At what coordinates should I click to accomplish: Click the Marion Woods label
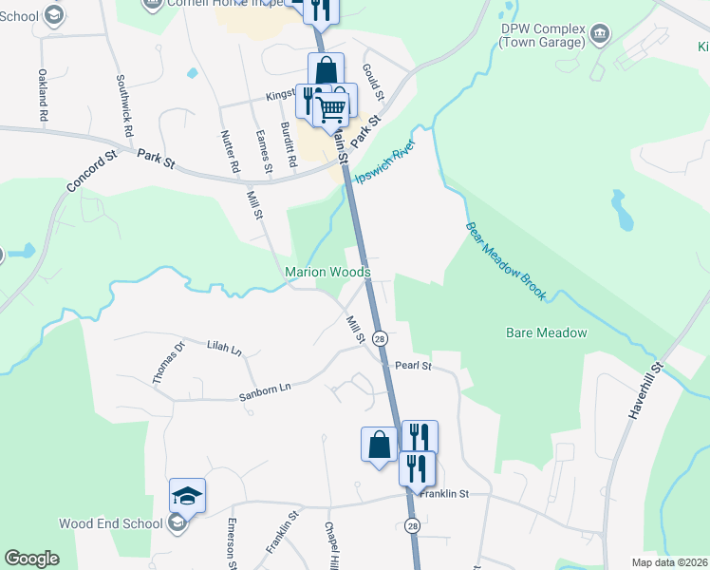(x=327, y=273)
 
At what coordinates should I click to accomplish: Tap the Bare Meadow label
(x=546, y=332)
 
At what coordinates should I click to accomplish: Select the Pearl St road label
(x=414, y=365)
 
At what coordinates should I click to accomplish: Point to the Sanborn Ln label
(x=264, y=388)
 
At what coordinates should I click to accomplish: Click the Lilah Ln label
(x=224, y=349)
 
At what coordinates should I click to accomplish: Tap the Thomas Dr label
(x=169, y=362)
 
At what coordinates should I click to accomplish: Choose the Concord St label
(x=91, y=170)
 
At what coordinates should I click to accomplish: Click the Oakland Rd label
(x=44, y=93)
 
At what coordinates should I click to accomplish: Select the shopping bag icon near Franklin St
(x=379, y=445)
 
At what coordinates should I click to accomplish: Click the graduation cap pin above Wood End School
(x=188, y=496)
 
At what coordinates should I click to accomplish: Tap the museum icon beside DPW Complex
(x=600, y=36)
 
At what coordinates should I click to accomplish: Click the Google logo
(x=31, y=559)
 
